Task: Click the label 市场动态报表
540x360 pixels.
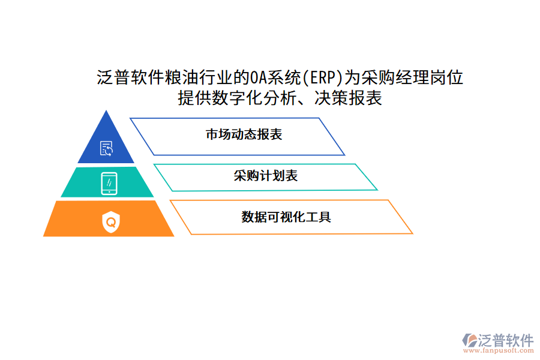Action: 244,134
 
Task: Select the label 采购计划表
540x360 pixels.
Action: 266,176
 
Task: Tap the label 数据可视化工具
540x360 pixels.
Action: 286,217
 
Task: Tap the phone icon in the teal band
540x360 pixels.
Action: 109,182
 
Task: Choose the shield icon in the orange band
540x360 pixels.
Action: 110,222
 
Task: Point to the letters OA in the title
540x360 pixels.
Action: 259,77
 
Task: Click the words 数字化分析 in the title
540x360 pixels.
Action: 269,98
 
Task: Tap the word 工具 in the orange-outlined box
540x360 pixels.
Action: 319,217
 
